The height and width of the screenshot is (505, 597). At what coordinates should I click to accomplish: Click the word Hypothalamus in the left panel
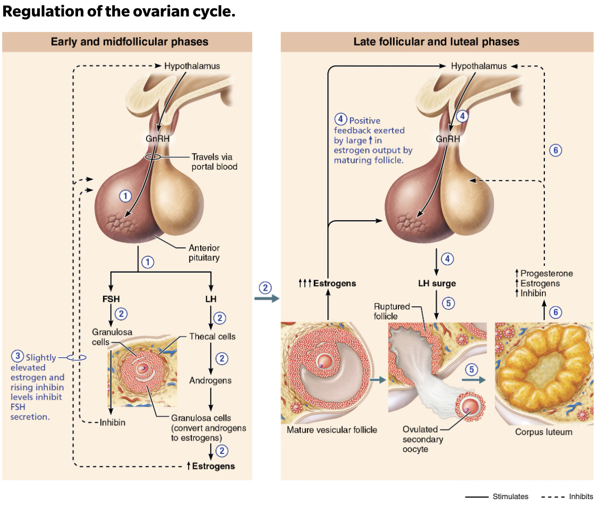(x=192, y=66)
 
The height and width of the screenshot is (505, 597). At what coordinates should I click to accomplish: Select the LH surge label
(x=437, y=283)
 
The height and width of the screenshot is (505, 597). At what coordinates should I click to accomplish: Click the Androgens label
(x=210, y=381)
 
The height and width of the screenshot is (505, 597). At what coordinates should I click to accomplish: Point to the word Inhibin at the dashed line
(x=113, y=423)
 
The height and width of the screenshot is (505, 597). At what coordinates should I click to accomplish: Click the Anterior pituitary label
(x=204, y=252)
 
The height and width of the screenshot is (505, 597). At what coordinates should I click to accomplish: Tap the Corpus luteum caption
(x=543, y=432)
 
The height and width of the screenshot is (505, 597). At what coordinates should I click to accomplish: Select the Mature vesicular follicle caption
(x=332, y=430)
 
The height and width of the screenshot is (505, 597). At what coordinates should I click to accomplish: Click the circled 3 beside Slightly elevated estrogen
(x=18, y=356)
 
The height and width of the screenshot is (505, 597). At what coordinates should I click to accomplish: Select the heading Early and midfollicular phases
(x=130, y=41)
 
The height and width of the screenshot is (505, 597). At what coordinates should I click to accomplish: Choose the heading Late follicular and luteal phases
(x=436, y=41)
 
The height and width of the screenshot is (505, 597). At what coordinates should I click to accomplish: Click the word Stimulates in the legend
(x=510, y=496)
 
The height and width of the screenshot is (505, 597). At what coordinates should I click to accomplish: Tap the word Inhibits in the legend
(x=581, y=496)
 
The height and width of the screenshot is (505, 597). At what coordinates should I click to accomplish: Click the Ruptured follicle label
(x=391, y=311)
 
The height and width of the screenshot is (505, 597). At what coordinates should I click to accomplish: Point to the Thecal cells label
(x=212, y=336)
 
